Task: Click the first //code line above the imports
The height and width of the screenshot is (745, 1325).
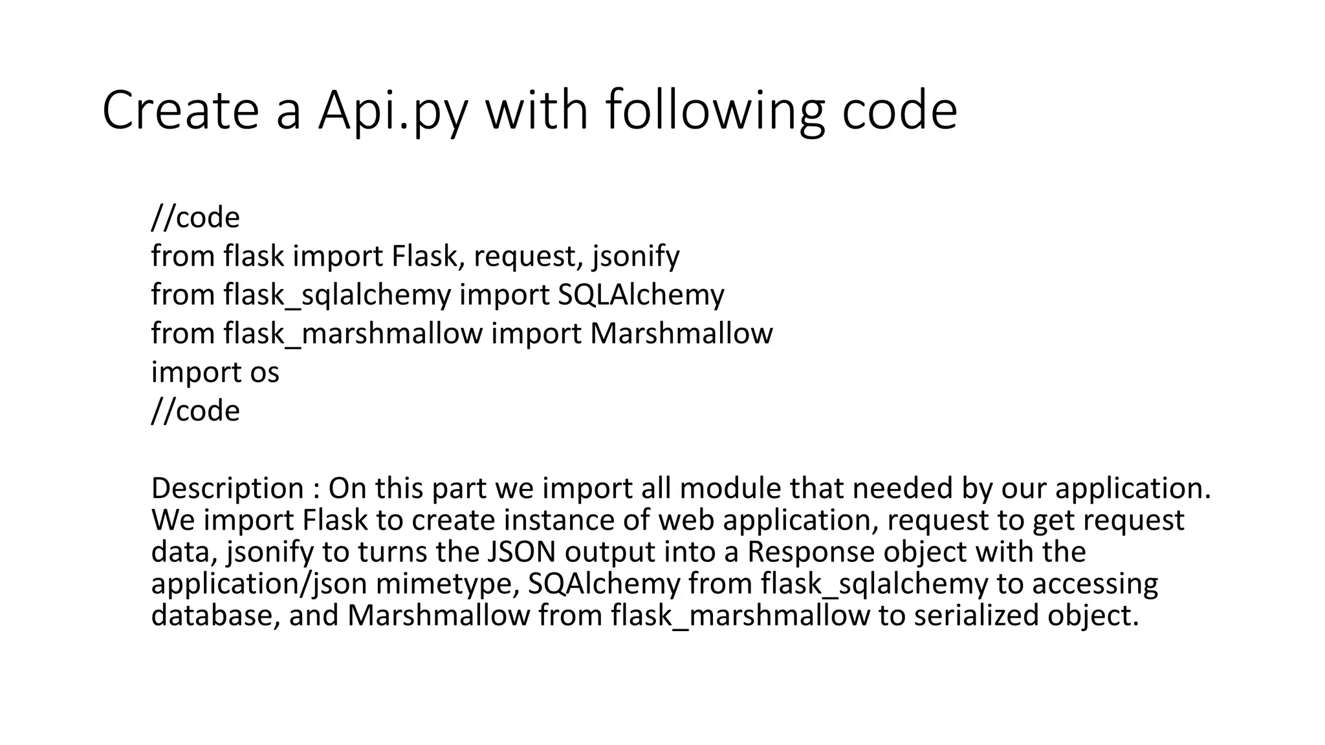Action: tap(195, 218)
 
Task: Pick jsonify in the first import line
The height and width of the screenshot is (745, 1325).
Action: tap(635, 257)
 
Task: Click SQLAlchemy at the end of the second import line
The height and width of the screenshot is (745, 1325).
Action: tap(641, 296)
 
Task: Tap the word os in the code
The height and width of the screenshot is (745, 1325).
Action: tap(264, 372)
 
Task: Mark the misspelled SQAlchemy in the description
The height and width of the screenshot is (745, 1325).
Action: tap(604, 583)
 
